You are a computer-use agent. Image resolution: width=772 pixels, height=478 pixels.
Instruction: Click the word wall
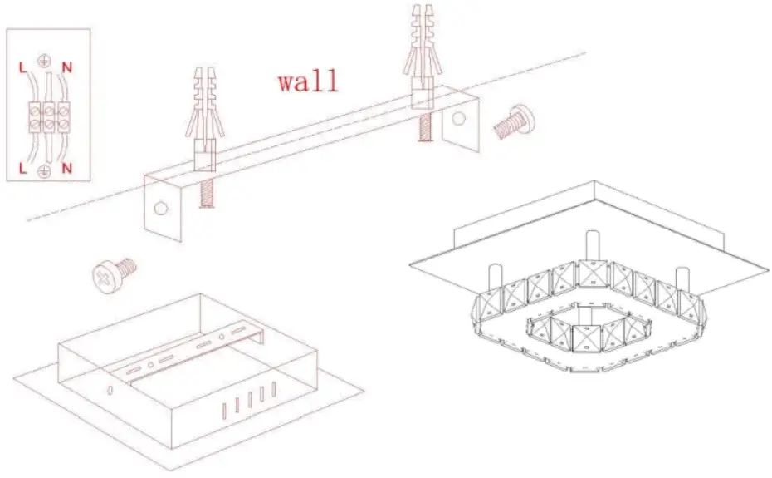click(x=308, y=82)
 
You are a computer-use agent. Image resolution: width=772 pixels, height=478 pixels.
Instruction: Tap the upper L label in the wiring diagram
click(x=22, y=63)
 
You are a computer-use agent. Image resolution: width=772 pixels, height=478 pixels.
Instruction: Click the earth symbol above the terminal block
click(x=44, y=61)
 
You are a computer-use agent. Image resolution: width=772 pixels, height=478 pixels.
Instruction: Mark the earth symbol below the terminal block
click(x=44, y=171)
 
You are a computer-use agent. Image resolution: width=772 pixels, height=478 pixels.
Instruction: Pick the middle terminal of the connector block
click(x=46, y=116)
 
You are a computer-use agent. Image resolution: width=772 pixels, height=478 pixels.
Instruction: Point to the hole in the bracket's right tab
click(x=459, y=119)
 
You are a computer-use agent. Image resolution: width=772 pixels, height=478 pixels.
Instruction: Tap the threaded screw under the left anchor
click(x=204, y=194)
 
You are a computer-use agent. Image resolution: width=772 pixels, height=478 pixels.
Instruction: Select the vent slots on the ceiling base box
click(x=247, y=402)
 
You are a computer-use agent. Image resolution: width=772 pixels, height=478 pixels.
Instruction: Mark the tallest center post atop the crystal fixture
click(x=592, y=245)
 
